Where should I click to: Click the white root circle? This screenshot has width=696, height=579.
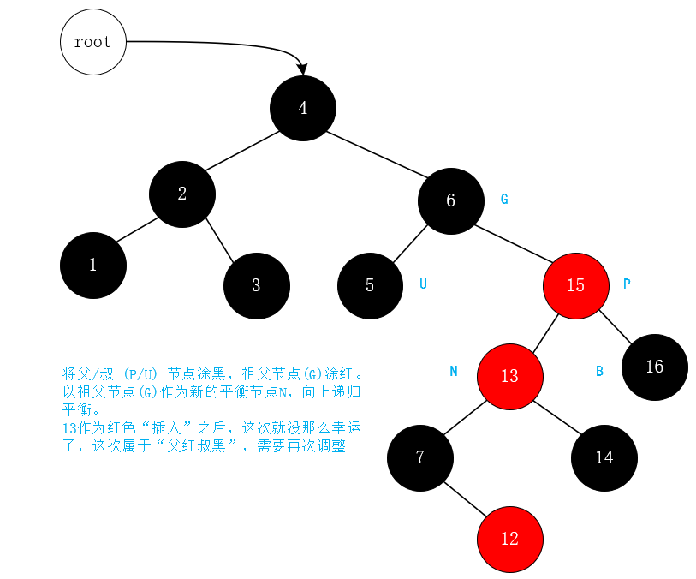coord(92,41)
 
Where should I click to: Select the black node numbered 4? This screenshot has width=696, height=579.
coord(303,109)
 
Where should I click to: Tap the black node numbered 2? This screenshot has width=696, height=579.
coord(182,194)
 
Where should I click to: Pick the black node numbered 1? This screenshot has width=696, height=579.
coord(93,266)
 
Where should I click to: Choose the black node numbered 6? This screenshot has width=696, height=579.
coord(451,201)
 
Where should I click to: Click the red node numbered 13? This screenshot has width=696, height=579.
coord(509,376)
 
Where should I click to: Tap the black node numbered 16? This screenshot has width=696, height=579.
coord(655,367)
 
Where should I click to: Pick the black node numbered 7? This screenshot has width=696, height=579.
coord(420,457)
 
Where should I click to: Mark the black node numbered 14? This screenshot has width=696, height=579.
coord(604,457)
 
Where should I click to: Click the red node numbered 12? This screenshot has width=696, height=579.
coord(509,539)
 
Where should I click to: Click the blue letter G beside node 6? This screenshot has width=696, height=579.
coord(504,199)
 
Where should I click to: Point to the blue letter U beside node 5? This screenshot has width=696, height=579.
coord(423,284)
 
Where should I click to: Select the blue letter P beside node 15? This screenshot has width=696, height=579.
coord(627,284)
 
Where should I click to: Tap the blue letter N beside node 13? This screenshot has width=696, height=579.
coord(454,371)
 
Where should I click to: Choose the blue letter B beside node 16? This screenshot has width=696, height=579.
coord(599,371)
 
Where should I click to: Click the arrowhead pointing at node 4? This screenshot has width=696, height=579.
coord(301,69)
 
